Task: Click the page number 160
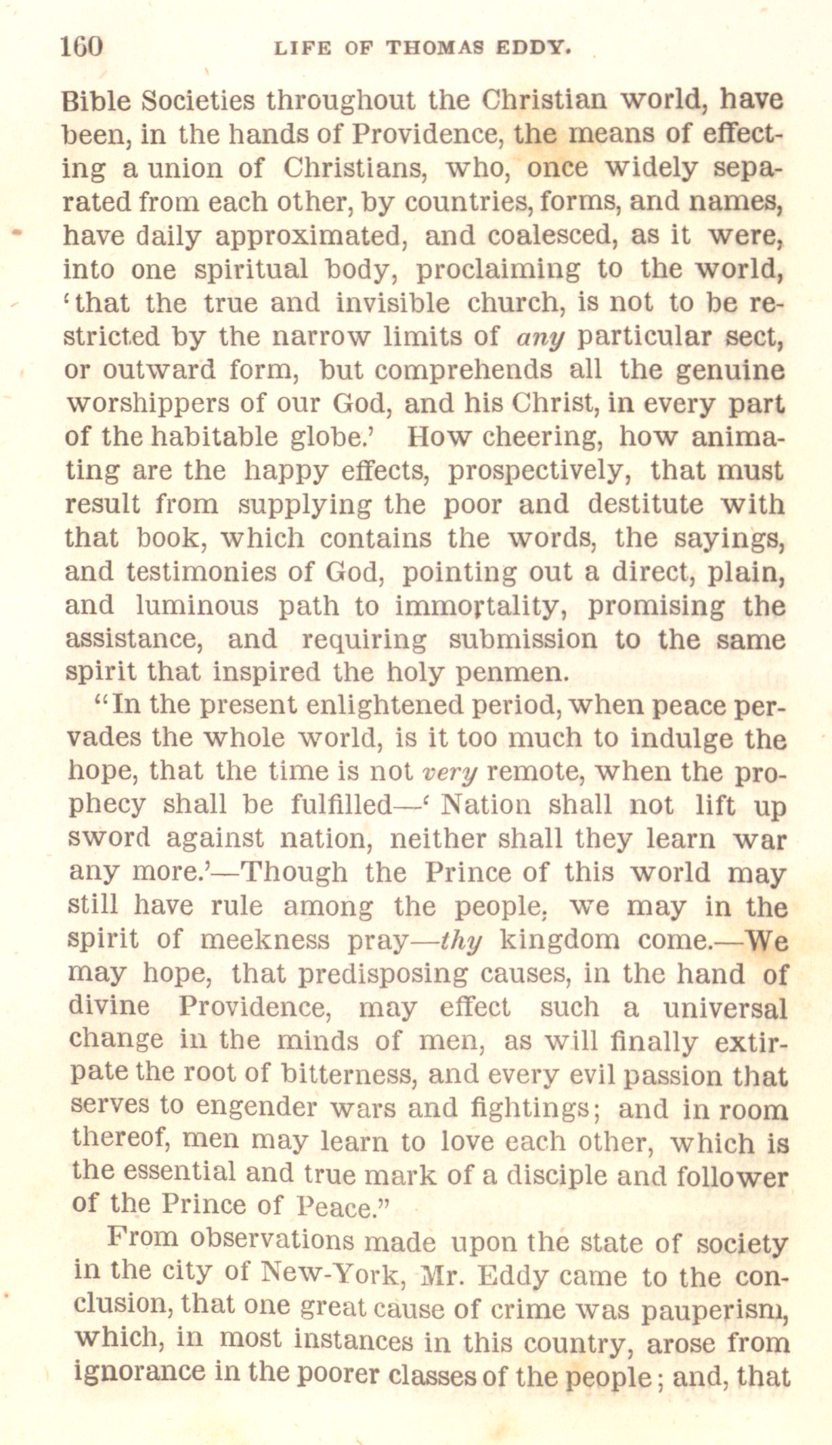point(81,47)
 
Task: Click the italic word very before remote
point(450,772)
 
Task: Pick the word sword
point(109,839)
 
